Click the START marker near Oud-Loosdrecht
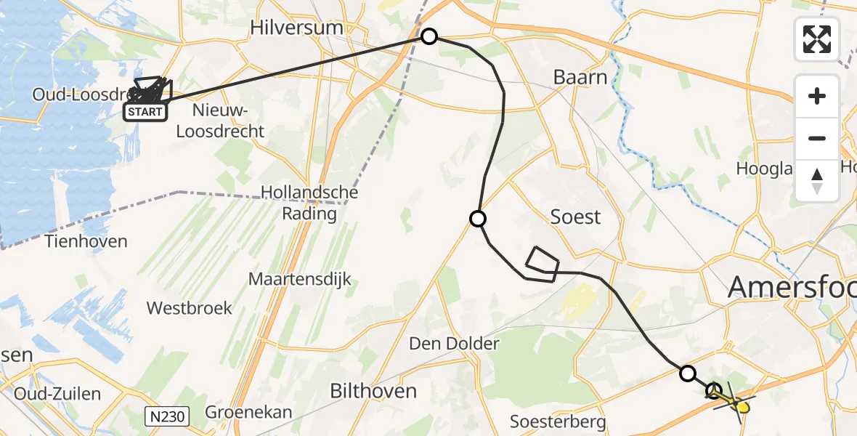pos(145,112)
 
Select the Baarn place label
pos(580,77)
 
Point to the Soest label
pos(576,217)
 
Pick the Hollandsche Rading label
pos(309,203)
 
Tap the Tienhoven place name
pos(86,241)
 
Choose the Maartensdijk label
pos(299,279)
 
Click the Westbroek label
pos(190,308)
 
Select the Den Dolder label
pos(454,343)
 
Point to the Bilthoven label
pos(373,391)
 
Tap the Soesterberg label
pos(558,421)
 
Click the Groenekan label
pos(248,413)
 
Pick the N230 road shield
pos(167,416)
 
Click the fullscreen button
pos(817,39)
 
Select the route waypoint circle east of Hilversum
pos(429,36)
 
